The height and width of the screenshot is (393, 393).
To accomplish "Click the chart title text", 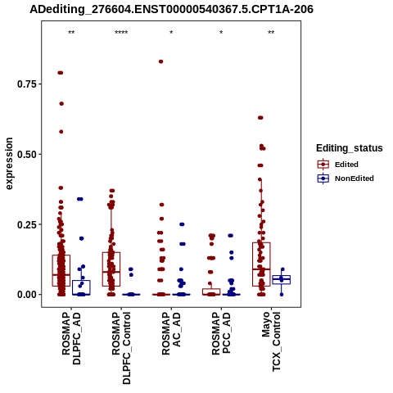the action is tap(171, 10).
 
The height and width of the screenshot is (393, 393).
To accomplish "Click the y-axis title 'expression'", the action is tap(9, 164).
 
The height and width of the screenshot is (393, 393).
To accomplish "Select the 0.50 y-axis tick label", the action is tap(27, 154).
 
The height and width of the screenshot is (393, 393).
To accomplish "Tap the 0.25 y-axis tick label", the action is tap(27, 224).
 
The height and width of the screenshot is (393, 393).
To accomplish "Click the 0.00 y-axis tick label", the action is tap(27, 295).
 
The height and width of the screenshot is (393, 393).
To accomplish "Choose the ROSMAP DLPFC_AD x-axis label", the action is tap(71, 338).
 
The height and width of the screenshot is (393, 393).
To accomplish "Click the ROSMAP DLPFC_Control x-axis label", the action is tap(121, 348).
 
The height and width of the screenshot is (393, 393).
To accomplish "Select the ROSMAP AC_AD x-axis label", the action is tap(171, 333).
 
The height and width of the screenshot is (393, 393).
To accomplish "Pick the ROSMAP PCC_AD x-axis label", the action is tap(221, 333).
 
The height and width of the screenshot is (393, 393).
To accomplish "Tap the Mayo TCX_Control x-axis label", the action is tap(271, 341).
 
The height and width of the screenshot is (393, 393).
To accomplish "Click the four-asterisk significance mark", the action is tap(121, 33).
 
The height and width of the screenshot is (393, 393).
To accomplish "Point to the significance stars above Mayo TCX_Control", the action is tap(271, 33).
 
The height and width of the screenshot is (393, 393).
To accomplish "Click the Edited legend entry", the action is tap(346, 165).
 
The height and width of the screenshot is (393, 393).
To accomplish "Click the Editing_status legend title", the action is tap(350, 148).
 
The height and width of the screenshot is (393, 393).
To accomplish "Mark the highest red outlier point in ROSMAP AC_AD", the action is tap(161, 61).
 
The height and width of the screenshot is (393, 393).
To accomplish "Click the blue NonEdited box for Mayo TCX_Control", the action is tap(282, 280).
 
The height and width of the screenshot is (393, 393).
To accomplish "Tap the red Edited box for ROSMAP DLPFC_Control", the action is tap(111, 269).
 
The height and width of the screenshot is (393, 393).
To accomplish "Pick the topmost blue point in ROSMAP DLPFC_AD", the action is tap(80, 199).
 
